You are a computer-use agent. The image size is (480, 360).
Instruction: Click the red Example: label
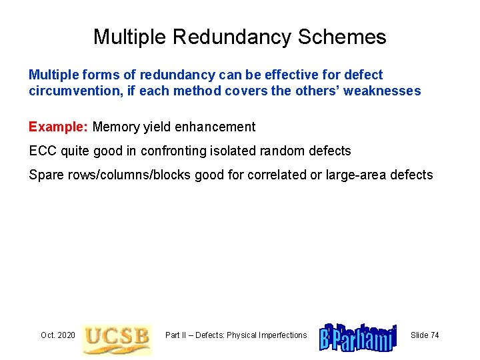tap(59, 127)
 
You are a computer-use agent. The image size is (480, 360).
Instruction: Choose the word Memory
tap(116, 127)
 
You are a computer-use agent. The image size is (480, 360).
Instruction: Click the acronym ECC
tap(43, 151)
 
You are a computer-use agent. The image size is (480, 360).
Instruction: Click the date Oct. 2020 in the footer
tap(57, 335)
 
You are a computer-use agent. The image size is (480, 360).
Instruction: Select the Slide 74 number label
tap(425, 335)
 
